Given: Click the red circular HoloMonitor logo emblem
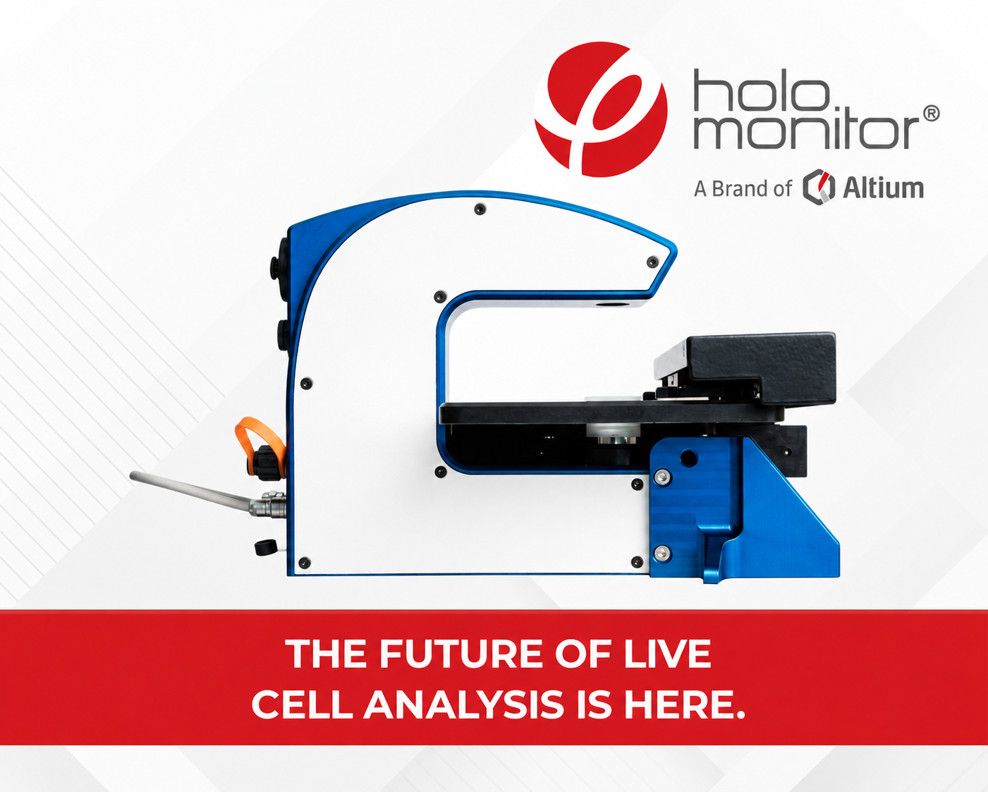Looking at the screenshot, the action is click(601, 109).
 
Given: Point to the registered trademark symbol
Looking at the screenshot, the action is click(931, 114).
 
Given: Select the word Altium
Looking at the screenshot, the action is click(884, 188).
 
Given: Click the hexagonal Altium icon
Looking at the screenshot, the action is click(819, 187).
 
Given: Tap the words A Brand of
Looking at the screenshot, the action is click(743, 189).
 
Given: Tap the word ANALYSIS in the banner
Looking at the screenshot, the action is click(464, 705).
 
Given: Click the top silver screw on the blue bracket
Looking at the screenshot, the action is click(661, 477).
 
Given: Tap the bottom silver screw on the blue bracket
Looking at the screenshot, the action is click(661, 553).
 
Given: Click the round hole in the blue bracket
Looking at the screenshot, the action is click(689, 458).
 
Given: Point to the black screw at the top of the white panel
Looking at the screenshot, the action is click(480, 209).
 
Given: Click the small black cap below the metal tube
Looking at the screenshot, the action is click(266, 547).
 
